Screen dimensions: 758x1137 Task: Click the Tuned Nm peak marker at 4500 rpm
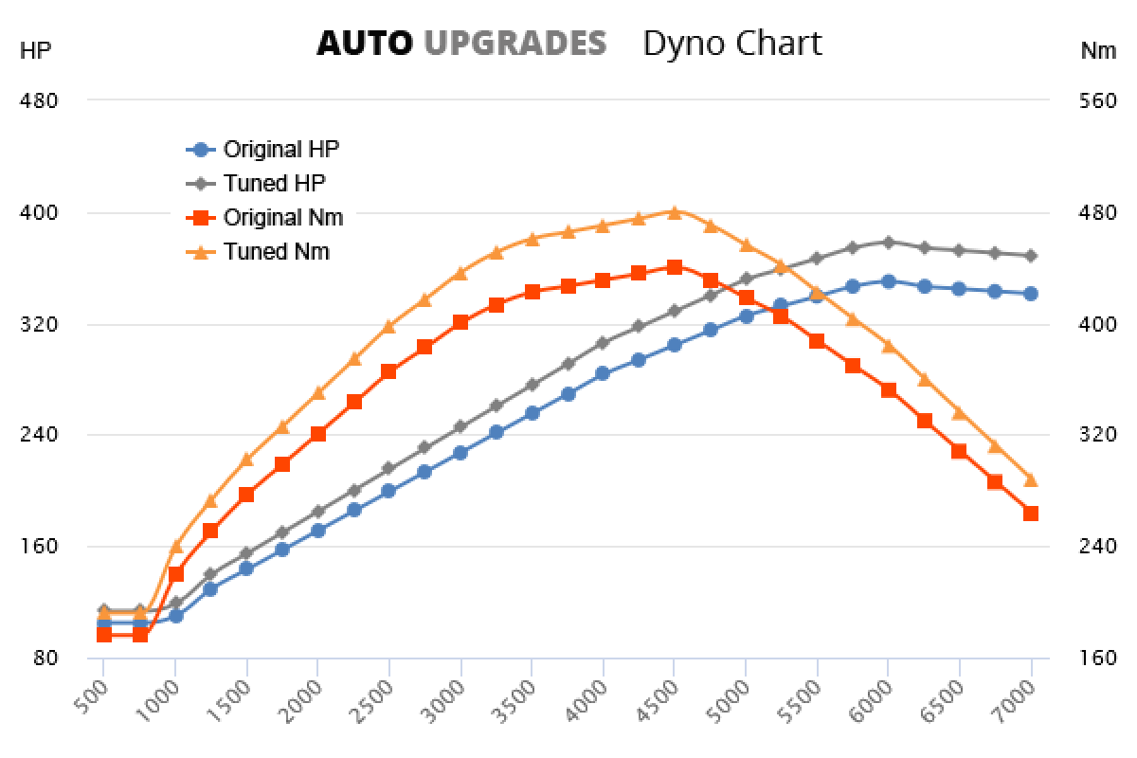point(674,212)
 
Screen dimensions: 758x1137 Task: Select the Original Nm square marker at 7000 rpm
point(1031,514)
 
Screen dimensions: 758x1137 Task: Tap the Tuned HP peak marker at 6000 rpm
point(888,242)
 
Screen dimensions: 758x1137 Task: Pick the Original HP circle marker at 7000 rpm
point(1031,294)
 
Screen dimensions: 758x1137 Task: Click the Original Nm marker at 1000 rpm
point(175,573)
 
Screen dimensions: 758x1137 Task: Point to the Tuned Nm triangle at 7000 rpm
point(1031,479)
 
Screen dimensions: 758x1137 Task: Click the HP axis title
point(35,51)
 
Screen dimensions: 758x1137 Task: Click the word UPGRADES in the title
point(514,43)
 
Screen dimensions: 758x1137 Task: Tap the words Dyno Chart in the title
point(731,43)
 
